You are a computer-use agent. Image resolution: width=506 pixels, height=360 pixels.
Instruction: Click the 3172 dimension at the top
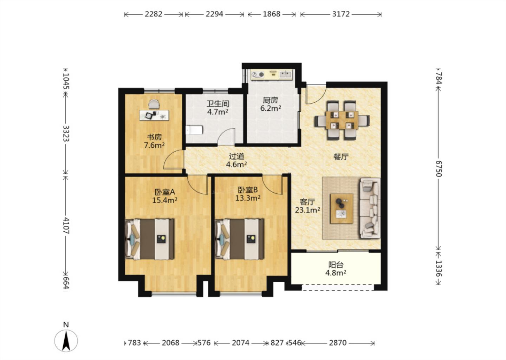coord(341,14)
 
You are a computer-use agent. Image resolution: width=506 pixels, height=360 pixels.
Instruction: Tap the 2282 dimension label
coord(153,14)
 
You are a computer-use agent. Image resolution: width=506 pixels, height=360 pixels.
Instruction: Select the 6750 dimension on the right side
coord(439,169)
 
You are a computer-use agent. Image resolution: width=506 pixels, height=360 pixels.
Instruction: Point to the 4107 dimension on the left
coord(66,226)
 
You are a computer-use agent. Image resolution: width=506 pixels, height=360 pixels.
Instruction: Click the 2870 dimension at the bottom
coord(338,343)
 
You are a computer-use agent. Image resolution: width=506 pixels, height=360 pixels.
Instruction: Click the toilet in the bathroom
coord(194,130)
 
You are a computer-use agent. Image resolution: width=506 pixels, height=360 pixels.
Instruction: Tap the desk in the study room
coord(154,115)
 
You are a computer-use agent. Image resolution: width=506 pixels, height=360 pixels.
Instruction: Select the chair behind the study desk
coord(154,105)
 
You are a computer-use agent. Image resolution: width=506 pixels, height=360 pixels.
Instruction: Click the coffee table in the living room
coord(342,208)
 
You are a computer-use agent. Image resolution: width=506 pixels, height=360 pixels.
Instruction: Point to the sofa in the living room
coord(370,208)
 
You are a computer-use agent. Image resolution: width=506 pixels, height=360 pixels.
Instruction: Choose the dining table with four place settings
coord(342,120)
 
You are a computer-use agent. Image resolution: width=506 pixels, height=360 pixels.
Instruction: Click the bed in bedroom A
coord(150,239)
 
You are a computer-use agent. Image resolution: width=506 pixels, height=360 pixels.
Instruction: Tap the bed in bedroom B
coord(239,239)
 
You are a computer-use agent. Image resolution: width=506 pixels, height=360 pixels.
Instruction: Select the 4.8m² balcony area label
coord(336,273)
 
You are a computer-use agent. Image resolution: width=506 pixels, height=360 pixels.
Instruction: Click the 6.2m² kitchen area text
coord(271,108)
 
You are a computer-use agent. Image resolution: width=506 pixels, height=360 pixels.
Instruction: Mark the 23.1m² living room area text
coord(307,210)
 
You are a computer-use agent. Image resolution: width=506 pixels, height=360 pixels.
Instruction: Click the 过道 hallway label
coord(236,156)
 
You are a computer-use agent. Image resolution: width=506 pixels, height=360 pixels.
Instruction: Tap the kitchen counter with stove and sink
coord(272,75)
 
